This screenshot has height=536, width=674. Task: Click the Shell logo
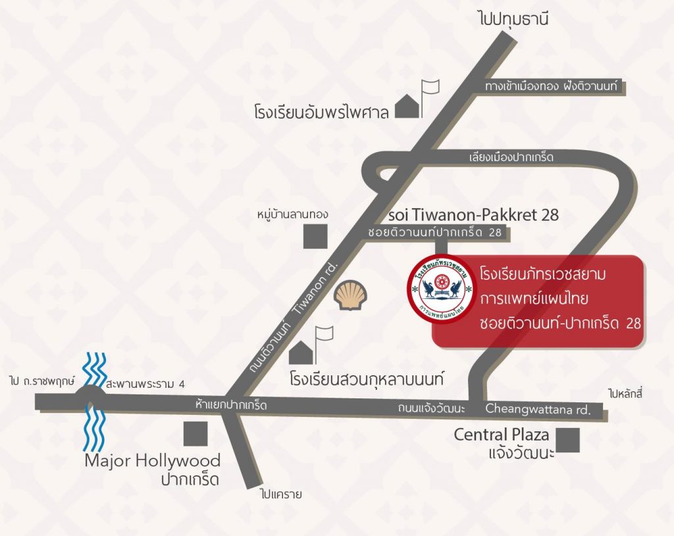coord(349,295)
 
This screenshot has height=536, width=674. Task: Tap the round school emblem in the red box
coord(442,290)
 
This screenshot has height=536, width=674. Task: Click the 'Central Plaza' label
coord(502,435)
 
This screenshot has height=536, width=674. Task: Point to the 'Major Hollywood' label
coord(152,460)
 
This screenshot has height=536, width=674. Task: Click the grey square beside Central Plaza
coord(567,440)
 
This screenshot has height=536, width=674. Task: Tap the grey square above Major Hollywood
coord(195,433)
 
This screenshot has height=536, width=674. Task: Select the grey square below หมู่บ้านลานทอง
coord(315,236)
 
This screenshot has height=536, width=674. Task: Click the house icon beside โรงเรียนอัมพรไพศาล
coord(407,107)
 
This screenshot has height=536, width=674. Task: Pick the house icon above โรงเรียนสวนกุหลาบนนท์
coord(301,352)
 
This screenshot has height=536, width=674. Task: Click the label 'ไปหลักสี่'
coord(625,394)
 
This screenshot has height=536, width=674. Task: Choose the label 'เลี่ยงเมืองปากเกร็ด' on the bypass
coord(511,157)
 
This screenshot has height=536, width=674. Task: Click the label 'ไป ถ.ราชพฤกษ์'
coord(41,382)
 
